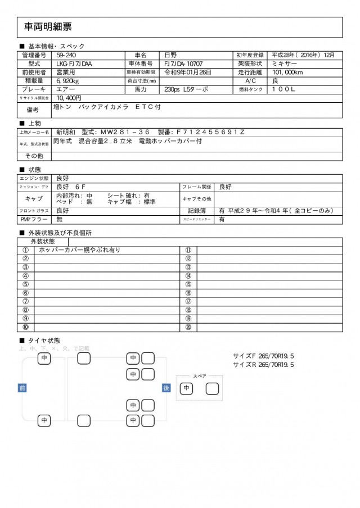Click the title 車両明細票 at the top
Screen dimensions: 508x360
pos(48,26)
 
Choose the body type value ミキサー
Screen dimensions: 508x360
pos(285,63)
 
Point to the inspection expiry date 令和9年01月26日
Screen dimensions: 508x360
pos(188,72)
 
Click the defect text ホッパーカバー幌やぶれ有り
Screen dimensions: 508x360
pos(87,250)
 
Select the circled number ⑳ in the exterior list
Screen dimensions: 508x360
pos(188,327)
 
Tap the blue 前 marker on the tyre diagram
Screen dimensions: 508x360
pos(22,388)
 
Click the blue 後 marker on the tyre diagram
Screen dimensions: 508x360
pos(166,388)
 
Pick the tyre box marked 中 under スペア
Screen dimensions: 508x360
pos(186,388)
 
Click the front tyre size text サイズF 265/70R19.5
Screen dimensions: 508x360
pos(263,356)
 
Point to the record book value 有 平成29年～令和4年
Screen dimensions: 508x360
pos(276,211)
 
